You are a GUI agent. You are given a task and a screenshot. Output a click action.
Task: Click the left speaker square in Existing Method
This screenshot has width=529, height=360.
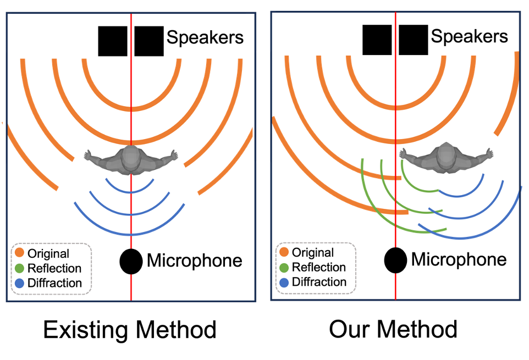(113, 41)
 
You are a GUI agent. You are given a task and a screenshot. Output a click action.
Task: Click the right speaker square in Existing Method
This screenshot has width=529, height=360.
(149, 41)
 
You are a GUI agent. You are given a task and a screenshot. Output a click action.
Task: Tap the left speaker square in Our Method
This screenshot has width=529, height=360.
(377, 40)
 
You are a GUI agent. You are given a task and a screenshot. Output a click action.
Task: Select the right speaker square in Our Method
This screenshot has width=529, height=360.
(414, 40)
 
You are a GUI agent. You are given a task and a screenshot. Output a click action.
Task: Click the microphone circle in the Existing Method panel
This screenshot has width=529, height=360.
(131, 262)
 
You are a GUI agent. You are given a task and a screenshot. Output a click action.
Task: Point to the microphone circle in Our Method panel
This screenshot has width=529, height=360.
(395, 260)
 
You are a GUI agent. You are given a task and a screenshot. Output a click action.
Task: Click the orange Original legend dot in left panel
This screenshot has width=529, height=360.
(20, 252)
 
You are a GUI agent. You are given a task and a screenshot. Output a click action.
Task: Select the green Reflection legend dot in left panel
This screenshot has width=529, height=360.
(20, 268)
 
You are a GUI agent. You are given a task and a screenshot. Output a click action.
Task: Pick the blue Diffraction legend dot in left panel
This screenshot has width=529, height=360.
(20, 283)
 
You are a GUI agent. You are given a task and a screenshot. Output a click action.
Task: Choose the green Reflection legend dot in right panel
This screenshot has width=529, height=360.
(284, 267)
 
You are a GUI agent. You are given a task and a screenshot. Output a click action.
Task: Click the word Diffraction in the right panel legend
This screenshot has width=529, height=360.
(319, 282)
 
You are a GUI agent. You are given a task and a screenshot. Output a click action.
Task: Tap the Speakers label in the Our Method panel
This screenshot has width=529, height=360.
(470, 36)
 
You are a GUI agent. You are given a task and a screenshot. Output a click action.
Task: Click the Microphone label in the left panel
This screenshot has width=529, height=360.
(195, 261)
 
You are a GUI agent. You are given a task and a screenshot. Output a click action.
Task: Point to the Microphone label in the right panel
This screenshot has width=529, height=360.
(459, 259)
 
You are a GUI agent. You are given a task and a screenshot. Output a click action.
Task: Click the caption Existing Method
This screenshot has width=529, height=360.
(130, 330)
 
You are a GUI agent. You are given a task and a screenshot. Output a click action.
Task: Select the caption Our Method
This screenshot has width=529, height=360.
(393, 329)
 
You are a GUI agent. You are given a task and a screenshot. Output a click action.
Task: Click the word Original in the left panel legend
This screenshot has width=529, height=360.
(48, 253)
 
